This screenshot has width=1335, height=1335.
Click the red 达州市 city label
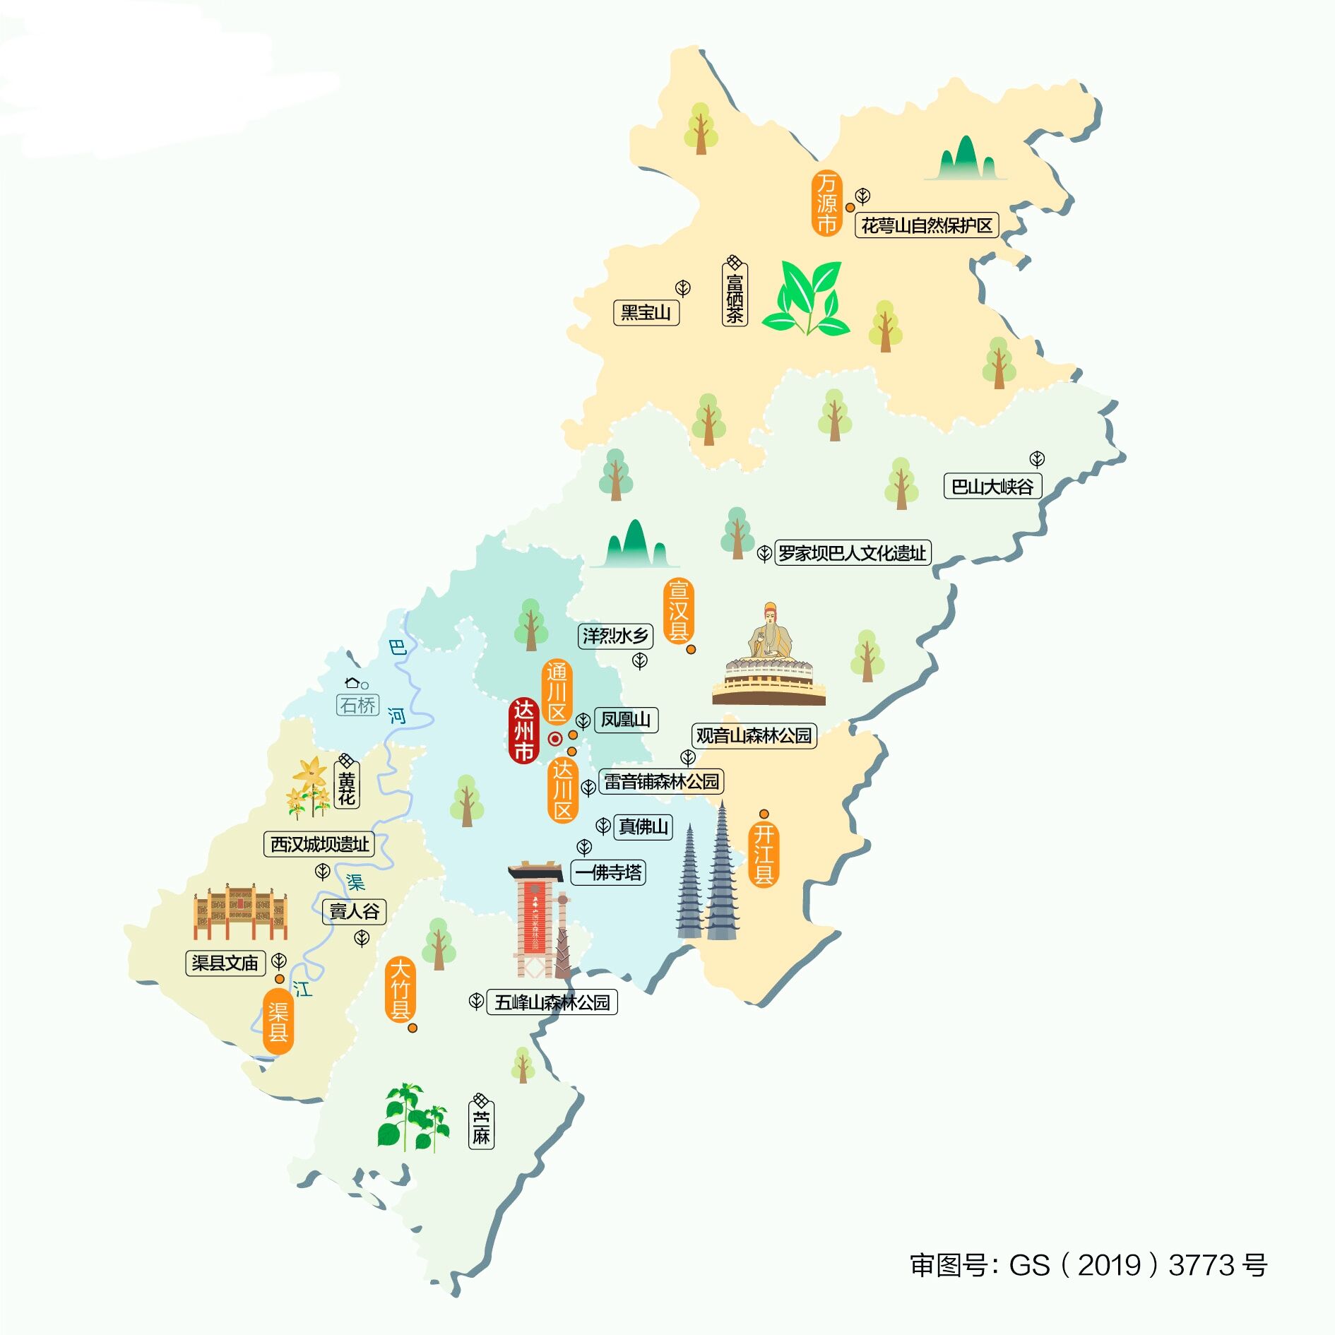pos(523,730)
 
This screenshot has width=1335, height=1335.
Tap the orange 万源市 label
pos(826,203)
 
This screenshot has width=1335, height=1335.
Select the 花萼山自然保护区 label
pos(927,226)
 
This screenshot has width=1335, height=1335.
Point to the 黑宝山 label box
pos(646,312)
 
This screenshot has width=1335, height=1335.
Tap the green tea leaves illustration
pos(807,298)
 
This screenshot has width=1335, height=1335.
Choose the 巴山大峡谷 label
pos(992,487)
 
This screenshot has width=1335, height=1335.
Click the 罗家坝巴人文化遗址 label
pos(853,553)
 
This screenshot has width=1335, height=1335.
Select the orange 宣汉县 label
pos(678,611)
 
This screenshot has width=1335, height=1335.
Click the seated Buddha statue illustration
pos(769,657)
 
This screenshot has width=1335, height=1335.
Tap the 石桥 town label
pos(358,705)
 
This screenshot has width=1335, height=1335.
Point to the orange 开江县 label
pos(764,854)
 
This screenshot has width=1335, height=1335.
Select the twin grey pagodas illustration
pos(708,876)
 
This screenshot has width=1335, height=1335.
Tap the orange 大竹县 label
pos(400,989)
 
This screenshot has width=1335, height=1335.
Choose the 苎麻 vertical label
pos(481,1127)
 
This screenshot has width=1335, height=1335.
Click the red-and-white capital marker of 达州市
pos(555,739)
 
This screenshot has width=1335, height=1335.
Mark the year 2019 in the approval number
pos(1109,1265)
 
